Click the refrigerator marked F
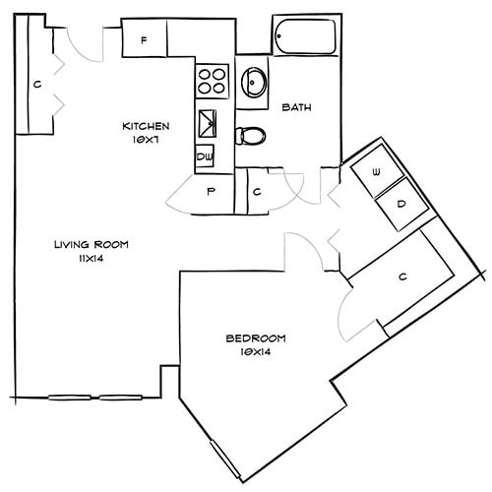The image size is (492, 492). (x=144, y=40)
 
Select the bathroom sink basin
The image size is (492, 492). (x=254, y=83)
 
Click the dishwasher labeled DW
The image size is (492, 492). (x=206, y=155)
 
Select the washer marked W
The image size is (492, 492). (x=375, y=172)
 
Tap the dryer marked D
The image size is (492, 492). (x=401, y=204)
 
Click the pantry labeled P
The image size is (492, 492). (x=211, y=193)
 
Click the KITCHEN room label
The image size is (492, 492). (x=147, y=126)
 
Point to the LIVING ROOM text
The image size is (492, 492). (x=92, y=244)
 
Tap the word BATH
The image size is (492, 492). (x=297, y=107)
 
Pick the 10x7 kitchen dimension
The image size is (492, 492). (x=147, y=140)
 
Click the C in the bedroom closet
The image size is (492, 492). (x=402, y=277)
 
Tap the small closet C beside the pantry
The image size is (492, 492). (x=255, y=193)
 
